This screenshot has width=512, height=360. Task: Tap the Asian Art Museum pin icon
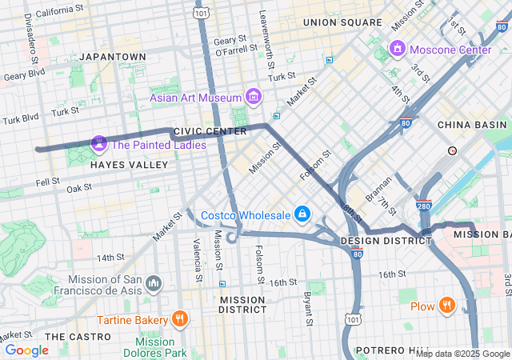coord(254,98)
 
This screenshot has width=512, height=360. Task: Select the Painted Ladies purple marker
coord(99,145)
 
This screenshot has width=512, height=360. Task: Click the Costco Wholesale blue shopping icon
coord(302,214)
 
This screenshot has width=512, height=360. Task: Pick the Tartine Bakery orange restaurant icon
coord(179,320)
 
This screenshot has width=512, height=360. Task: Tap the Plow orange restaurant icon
coord(446,306)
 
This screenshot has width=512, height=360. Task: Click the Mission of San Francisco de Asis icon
coord(154,284)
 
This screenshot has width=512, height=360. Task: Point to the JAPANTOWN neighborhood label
coord(113,57)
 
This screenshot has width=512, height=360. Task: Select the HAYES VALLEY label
coord(129,165)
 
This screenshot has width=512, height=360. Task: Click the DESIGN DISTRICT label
coord(375,241)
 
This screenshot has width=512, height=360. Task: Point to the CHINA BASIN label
coord(472,125)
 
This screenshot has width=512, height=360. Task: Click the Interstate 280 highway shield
coord(424,206)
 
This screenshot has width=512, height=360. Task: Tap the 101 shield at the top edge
coord(202,14)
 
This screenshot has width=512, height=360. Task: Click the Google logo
coord(26,350)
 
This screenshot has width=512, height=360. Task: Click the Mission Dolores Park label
coord(160,347)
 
